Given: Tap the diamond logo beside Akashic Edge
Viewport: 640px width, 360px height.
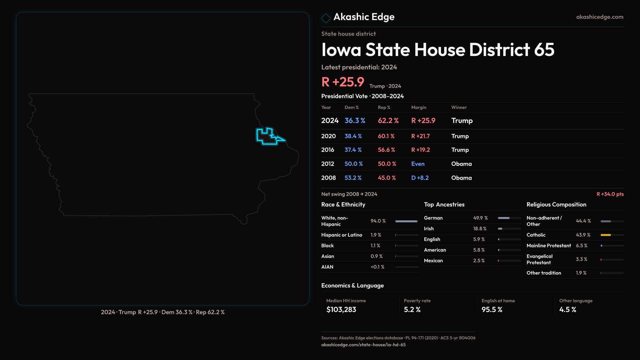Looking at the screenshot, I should tap(326, 18).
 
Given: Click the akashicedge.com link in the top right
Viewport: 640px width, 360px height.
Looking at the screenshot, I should tap(600, 17).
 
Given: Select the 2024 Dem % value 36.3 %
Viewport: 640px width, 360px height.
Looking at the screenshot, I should tap(355, 121).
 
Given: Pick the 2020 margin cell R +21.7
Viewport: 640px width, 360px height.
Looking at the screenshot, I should tap(420, 136).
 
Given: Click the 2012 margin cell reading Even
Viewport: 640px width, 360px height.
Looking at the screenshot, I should tap(418, 164).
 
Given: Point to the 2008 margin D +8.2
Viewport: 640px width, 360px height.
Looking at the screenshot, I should tap(420, 178).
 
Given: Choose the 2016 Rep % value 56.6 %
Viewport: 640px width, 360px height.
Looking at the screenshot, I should tap(386, 150).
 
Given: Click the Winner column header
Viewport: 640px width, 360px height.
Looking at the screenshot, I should tap(459, 107).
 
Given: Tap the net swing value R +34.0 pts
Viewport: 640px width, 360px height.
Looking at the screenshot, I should tap(610, 194).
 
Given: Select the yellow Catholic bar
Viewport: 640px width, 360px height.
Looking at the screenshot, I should tap(606, 235).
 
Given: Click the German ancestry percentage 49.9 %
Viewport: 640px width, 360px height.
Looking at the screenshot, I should tap(480, 218).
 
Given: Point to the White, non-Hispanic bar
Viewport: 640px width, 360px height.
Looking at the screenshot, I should tap(406, 221).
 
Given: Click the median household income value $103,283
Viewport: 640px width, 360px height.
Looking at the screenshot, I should tap(341, 310).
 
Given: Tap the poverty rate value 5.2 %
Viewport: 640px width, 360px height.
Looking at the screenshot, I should tap(412, 310).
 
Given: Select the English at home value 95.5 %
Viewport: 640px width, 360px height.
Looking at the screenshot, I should tap(492, 310).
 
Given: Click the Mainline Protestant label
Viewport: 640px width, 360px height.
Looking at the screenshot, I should tap(549, 246).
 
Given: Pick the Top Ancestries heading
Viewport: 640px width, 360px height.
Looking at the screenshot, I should tap(444, 205).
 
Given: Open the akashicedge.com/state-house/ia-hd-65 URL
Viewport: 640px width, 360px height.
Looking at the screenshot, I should tap(363, 345).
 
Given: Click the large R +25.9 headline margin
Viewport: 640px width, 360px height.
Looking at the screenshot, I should tap(343, 82).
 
